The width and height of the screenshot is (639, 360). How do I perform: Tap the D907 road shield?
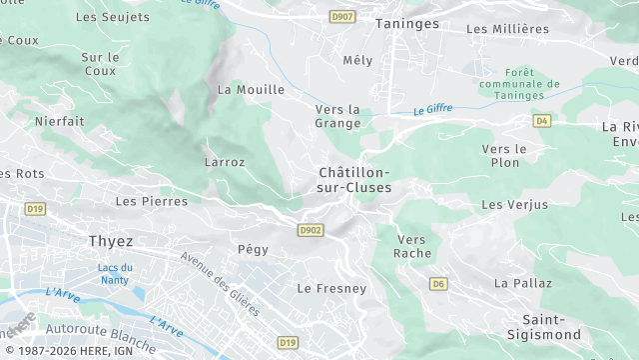(x=342, y=17)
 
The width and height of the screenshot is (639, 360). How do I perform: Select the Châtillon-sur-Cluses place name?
(x=353, y=179)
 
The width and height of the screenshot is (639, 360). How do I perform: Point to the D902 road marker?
(x=311, y=230)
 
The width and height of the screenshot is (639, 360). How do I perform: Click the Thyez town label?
(x=111, y=242)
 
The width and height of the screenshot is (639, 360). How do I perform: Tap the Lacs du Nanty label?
(x=115, y=273)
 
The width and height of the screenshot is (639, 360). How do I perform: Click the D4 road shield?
(x=542, y=120)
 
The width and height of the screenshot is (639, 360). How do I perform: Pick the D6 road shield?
(x=438, y=284)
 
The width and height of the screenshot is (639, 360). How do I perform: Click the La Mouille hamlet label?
(x=251, y=89)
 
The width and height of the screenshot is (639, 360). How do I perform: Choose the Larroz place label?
(x=224, y=161)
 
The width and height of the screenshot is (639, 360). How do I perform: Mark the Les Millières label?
(x=506, y=29)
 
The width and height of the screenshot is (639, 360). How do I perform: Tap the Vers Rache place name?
(x=413, y=246)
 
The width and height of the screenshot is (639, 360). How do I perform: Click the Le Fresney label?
(x=331, y=288)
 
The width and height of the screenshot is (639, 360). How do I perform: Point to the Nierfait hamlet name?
(x=60, y=121)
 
